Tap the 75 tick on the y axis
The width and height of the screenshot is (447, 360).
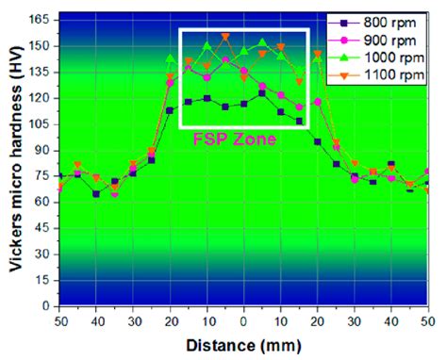41,175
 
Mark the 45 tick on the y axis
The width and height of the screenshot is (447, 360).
41,228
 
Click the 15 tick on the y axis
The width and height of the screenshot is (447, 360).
41,280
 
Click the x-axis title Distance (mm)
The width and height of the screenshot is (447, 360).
243,345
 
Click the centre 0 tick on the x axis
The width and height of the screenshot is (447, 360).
243,320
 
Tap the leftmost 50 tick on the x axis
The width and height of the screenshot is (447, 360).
59,320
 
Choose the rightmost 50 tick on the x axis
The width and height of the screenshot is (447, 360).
428,320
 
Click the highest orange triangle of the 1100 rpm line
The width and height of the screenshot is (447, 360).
225,37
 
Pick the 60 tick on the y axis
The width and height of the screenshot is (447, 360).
41,202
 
